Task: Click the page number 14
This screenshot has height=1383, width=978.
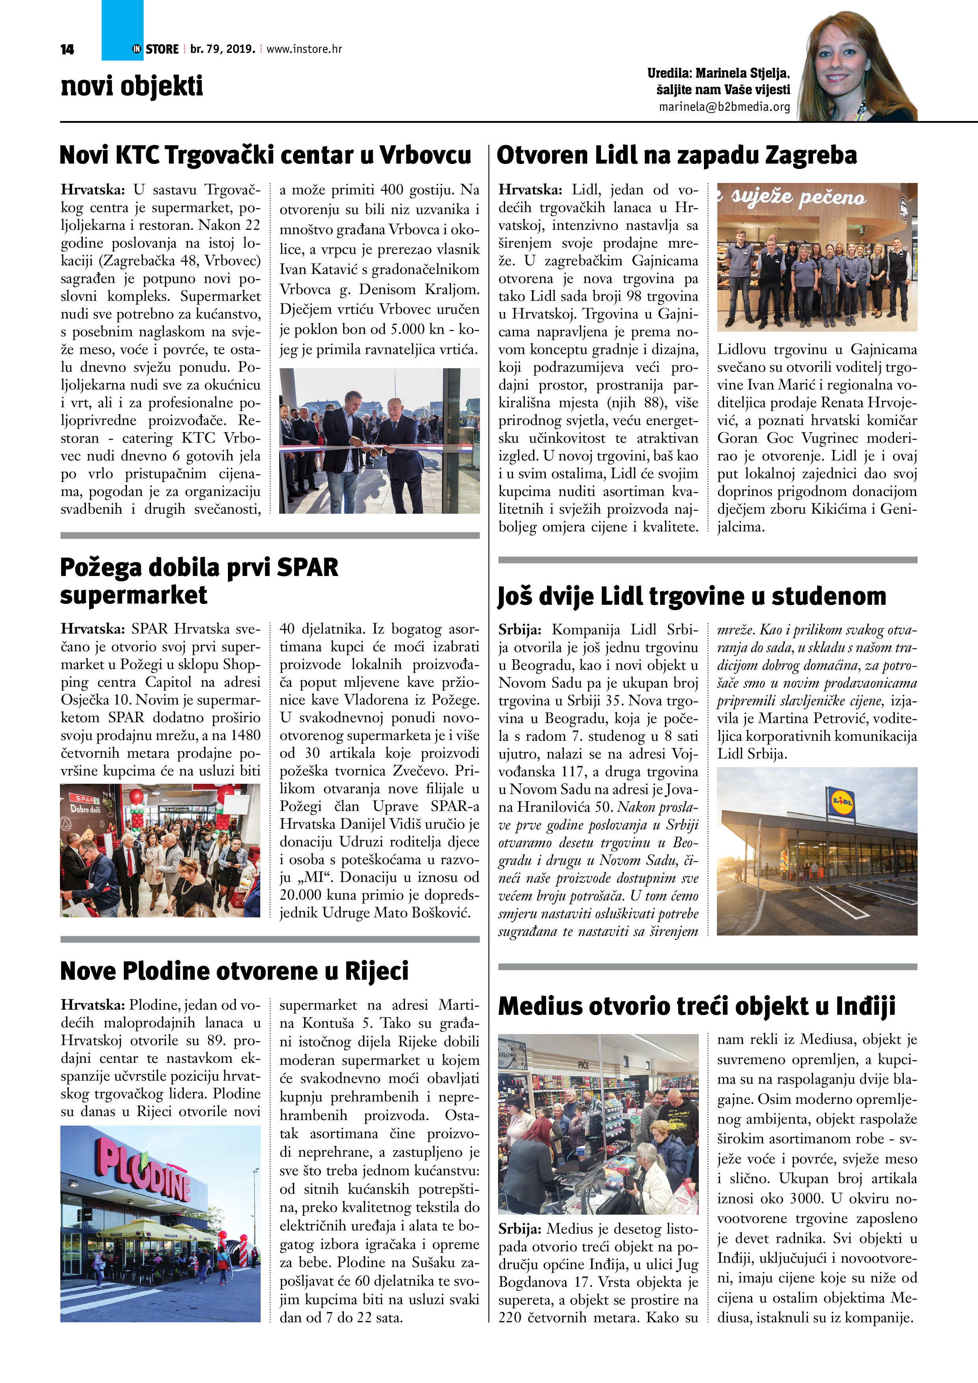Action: (x=67, y=49)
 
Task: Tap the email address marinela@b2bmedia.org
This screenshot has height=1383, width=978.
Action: (x=724, y=106)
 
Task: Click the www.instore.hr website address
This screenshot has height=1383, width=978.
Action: (x=304, y=49)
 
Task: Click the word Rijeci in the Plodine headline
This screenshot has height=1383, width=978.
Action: (x=377, y=971)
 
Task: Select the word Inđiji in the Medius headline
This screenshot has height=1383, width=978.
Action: (x=865, y=1006)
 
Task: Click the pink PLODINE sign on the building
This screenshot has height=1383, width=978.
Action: (x=145, y=1174)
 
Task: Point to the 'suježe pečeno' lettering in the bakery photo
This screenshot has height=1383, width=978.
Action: (x=799, y=198)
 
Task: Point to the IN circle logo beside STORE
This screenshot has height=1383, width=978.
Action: (x=137, y=49)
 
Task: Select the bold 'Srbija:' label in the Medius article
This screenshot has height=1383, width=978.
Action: (x=520, y=1229)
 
